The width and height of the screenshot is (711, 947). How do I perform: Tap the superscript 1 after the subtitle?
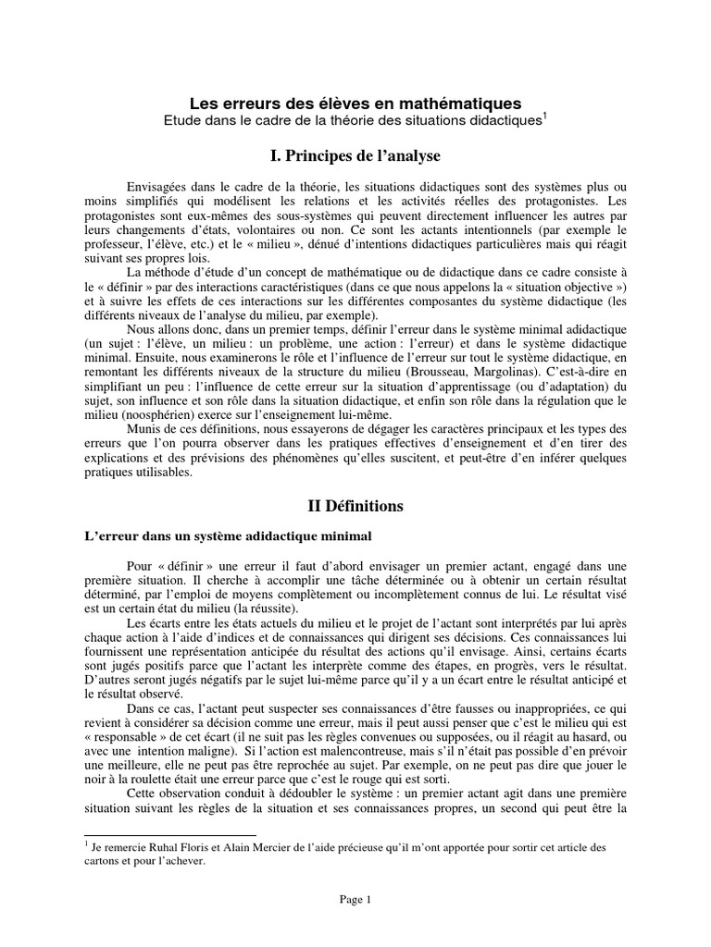pyautogui.click(x=546, y=116)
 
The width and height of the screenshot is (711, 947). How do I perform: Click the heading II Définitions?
pyautogui.click(x=355, y=506)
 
